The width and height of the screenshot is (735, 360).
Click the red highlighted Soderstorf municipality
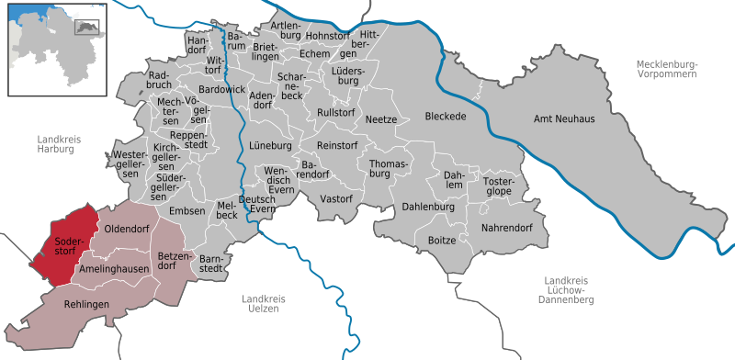tap(66, 241)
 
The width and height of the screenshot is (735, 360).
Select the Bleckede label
tap(447, 117)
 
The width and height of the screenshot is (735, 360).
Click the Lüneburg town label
tap(270, 147)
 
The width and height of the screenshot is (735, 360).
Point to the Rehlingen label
tap(86, 304)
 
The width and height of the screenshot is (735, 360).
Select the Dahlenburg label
tap(428, 208)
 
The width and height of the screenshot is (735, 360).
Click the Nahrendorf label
tap(507, 227)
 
